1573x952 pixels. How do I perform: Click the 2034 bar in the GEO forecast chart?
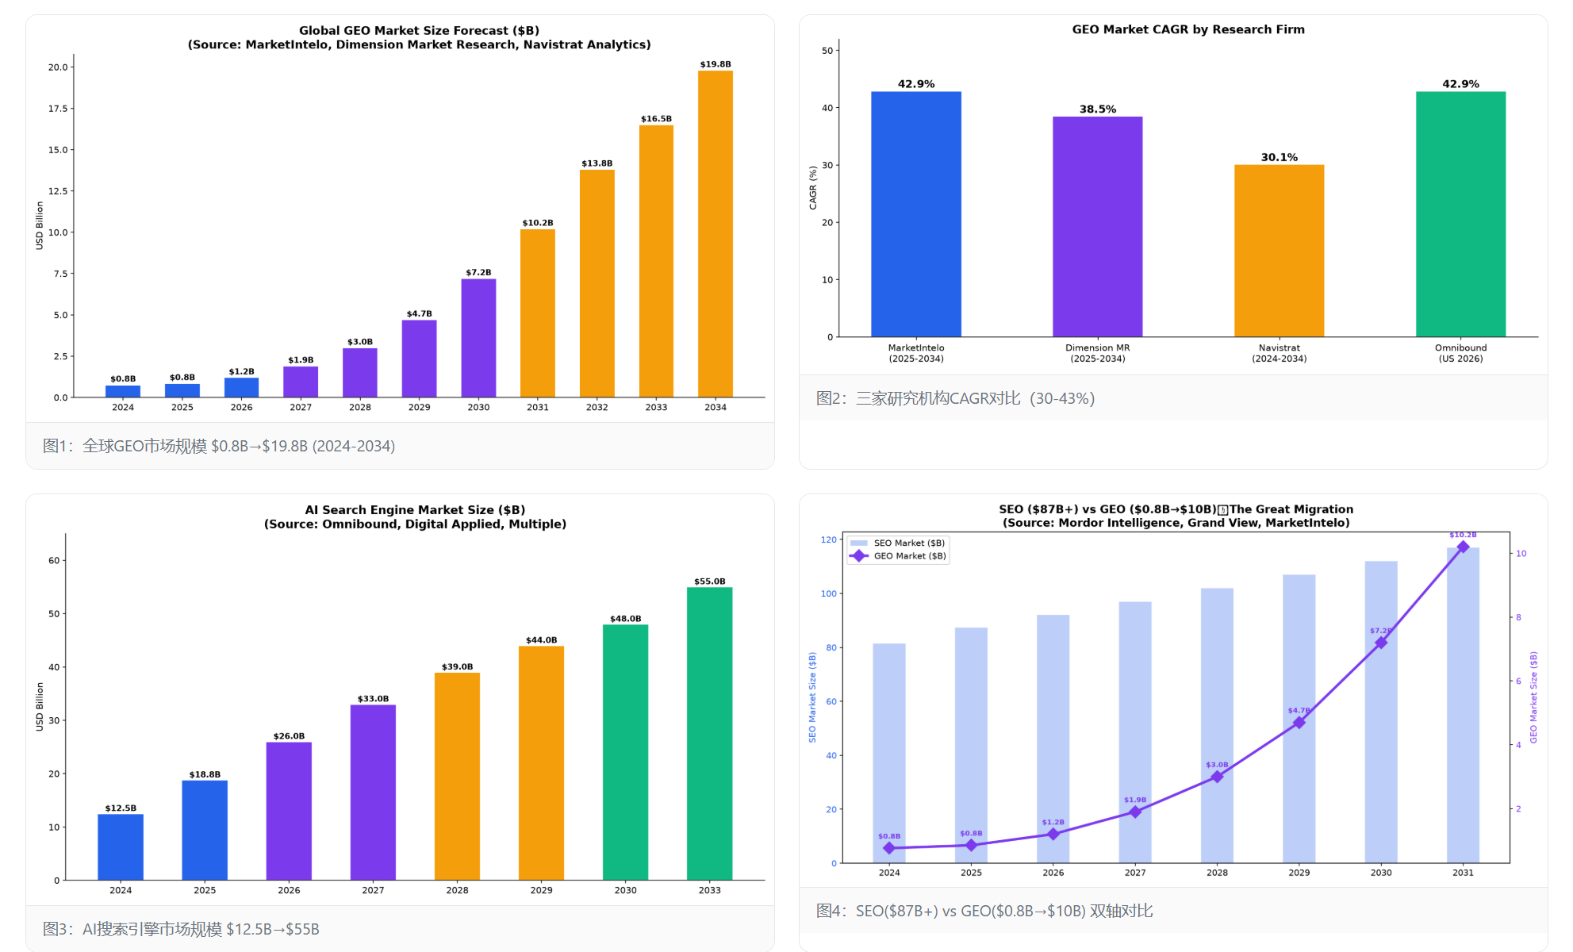(715, 234)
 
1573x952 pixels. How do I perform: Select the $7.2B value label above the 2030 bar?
(478, 272)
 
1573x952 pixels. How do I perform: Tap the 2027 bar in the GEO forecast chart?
(301, 382)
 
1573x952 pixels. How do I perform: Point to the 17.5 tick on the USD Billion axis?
(58, 109)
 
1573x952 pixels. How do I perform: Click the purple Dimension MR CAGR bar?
(1097, 227)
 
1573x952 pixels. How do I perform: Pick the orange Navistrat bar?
(1279, 251)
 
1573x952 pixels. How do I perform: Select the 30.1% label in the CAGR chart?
(1279, 157)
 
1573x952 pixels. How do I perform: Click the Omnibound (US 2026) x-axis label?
(1460, 353)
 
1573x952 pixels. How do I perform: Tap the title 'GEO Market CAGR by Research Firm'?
(1187, 29)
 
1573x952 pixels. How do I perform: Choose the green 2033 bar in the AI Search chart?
(709, 734)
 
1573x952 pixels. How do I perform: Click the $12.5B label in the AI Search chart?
(121, 808)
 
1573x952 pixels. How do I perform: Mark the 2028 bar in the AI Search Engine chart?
(457, 777)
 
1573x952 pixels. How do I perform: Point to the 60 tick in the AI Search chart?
(54, 560)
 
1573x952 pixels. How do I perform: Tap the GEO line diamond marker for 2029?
(1299, 723)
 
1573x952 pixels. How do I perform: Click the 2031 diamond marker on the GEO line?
(1463, 547)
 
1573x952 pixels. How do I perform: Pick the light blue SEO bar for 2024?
(888, 753)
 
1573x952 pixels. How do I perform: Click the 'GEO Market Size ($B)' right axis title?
(1533, 697)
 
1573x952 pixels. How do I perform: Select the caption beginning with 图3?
(181, 929)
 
